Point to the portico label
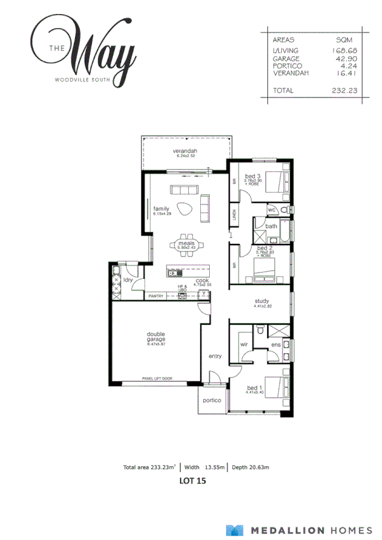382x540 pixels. click(x=212, y=400)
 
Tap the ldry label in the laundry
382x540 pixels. click(x=128, y=280)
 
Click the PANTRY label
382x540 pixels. click(x=156, y=296)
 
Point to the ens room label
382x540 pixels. click(x=275, y=346)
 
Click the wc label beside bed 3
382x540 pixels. click(x=271, y=209)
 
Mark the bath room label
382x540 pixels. click(x=271, y=226)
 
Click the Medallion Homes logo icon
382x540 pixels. click(x=235, y=530)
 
